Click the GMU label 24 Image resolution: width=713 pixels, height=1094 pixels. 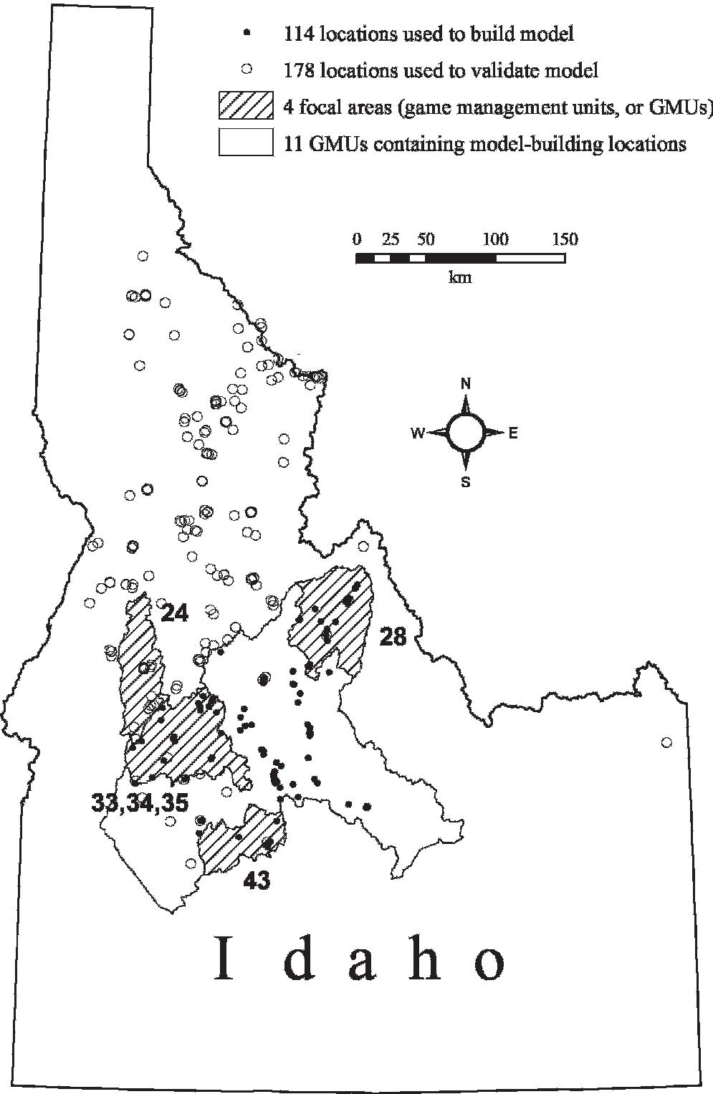(174, 614)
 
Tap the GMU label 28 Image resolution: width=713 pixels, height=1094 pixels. (393, 636)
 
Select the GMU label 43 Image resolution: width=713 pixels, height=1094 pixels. (257, 881)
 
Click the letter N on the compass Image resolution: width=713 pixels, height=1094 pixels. (466, 385)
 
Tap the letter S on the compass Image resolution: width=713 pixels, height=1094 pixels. (466, 482)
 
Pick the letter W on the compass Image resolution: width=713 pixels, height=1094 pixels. (417, 433)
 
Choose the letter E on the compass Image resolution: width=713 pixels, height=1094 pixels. (513, 433)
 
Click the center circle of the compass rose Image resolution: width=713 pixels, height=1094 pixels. (466, 433)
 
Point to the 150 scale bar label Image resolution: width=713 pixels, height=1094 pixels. (564, 239)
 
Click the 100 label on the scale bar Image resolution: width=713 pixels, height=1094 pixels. (496, 239)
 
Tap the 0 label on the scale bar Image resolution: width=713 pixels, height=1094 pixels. (357, 239)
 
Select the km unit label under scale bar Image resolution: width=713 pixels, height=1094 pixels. (460, 277)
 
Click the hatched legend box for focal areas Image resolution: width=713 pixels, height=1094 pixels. (246, 106)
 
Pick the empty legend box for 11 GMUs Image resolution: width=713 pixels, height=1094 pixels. (246, 143)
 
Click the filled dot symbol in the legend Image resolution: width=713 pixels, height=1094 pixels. (247, 33)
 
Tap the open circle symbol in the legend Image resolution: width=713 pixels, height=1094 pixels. (247, 69)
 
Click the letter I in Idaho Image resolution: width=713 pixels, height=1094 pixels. (225, 958)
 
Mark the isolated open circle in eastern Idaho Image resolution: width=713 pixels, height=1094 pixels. (666, 743)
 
